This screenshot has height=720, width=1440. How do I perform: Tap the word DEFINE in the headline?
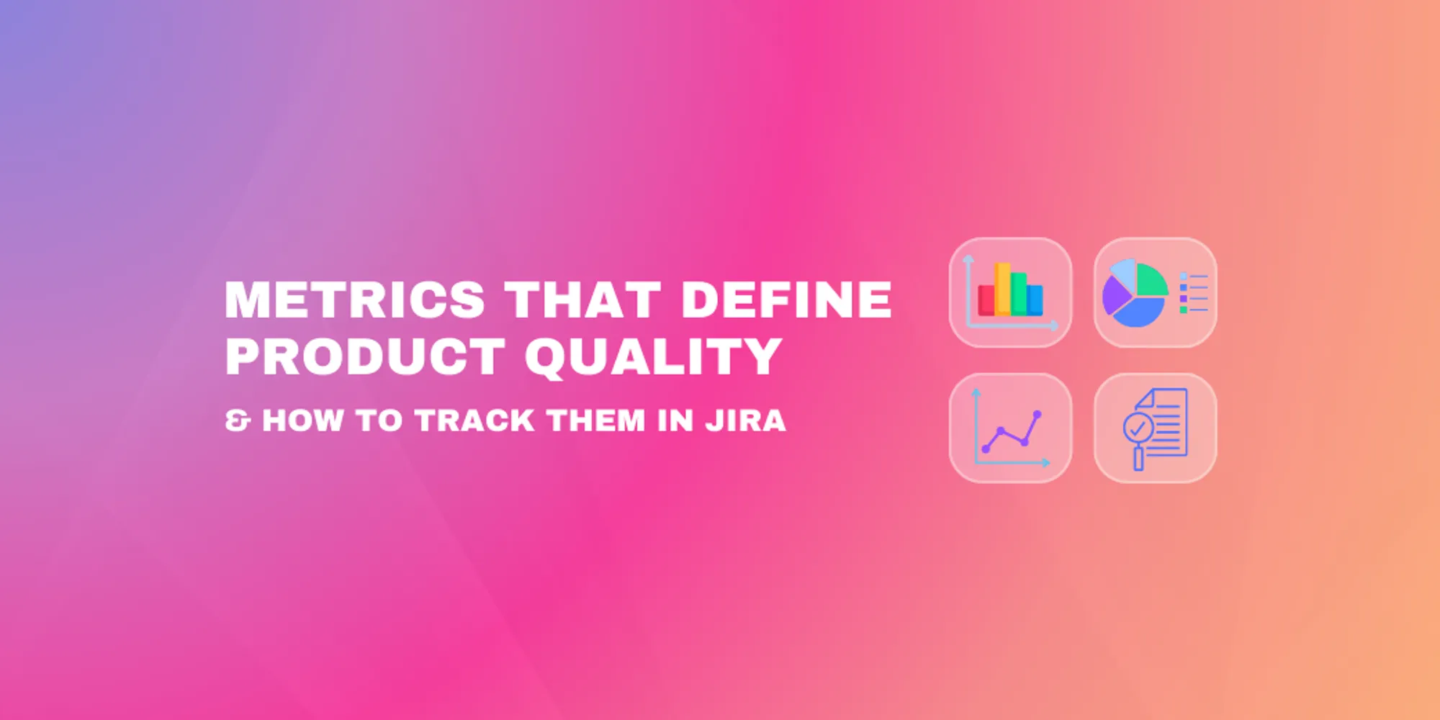tap(786, 300)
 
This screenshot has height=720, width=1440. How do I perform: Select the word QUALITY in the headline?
tap(653, 356)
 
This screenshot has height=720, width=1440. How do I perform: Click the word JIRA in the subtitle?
tap(745, 420)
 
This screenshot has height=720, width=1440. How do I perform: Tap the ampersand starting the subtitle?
tap(238, 420)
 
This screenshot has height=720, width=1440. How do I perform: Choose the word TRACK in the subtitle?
tap(474, 420)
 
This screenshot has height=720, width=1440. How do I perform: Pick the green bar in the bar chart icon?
tap(1019, 293)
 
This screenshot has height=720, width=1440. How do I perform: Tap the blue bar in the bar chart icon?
tap(1035, 300)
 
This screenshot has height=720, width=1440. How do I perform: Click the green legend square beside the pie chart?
tap(1183, 310)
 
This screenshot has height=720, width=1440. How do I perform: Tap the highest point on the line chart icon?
tap(1038, 414)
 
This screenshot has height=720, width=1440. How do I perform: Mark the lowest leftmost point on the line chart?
tap(986, 449)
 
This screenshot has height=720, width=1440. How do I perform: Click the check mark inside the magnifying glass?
tap(1138, 429)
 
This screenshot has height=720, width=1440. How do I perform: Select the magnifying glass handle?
tap(1138, 459)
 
